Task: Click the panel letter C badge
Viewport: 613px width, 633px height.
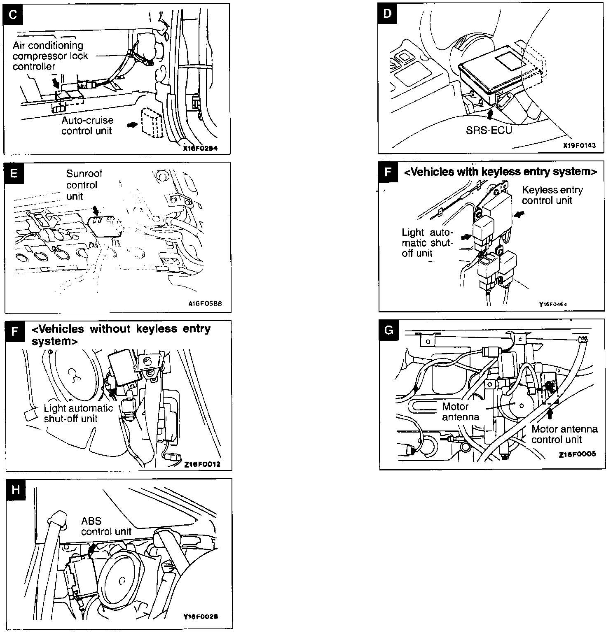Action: point(13,15)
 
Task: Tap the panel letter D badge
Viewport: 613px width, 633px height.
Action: point(388,14)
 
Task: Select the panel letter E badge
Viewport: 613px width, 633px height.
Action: point(14,173)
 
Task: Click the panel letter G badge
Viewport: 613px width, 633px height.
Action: point(388,330)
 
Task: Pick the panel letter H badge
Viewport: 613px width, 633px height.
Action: point(16,489)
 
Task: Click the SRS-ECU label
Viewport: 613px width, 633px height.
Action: point(489,130)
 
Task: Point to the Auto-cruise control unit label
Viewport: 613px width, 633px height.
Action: point(87,126)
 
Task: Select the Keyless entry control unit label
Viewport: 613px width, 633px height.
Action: point(552,195)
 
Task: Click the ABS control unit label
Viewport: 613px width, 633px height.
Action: point(106,526)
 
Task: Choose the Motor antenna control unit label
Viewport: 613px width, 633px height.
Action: point(564,434)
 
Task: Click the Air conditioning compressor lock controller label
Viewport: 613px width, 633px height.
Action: point(50,56)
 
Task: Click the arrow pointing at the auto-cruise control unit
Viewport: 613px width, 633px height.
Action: point(132,124)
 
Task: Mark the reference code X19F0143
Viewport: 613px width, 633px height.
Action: point(579,146)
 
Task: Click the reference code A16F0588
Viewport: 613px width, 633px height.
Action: point(205,304)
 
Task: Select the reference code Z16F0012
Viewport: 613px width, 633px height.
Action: point(202,464)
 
